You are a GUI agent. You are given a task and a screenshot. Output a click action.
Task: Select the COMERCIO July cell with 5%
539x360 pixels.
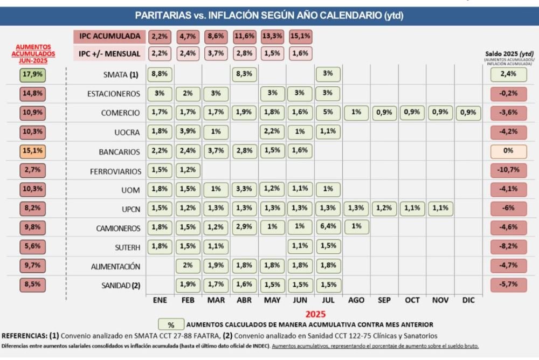pyautogui.click(x=328, y=113)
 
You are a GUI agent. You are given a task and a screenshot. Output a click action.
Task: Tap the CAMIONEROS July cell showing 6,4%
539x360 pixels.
pyautogui.click(x=328, y=227)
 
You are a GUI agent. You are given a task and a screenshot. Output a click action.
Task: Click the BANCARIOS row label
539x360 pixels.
pyautogui.click(x=120, y=151)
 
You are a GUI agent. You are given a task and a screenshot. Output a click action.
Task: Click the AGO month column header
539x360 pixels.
pyautogui.click(x=356, y=300)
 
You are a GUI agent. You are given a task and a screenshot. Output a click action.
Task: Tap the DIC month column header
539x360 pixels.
pyautogui.click(x=469, y=300)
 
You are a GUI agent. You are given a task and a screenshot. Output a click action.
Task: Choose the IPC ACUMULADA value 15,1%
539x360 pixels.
pyautogui.click(x=300, y=37)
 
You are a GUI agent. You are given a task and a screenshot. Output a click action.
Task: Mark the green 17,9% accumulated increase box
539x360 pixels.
pyautogui.click(x=32, y=74)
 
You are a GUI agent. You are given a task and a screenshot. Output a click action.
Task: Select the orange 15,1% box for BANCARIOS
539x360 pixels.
pyautogui.click(x=32, y=151)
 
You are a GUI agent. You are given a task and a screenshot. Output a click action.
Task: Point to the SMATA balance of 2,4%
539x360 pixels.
pyautogui.click(x=508, y=74)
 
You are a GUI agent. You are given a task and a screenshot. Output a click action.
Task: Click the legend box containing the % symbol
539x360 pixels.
pyautogui.click(x=171, y=325)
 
